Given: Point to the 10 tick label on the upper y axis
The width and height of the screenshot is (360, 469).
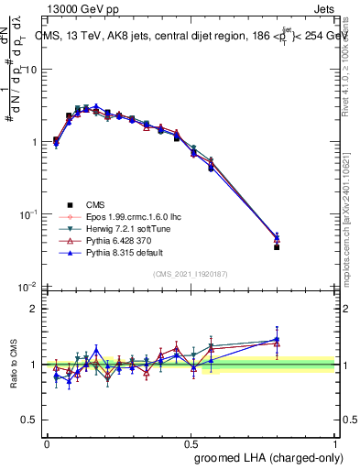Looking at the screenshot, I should [31, 70].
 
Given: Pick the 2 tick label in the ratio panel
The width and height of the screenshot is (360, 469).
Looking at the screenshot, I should [34, 309].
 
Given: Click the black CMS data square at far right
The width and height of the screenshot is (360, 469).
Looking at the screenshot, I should [277, 247].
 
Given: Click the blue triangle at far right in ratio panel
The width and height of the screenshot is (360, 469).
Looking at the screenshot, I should [277, 340].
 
